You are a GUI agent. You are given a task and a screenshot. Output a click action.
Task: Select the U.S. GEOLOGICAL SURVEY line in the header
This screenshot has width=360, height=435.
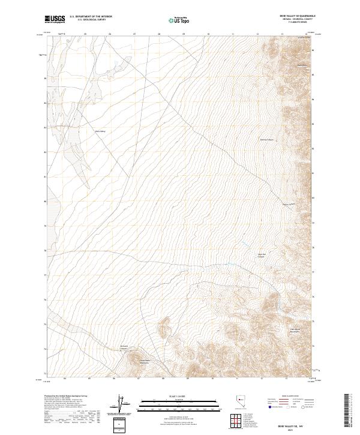pyautogui.click(x=91, y=20)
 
